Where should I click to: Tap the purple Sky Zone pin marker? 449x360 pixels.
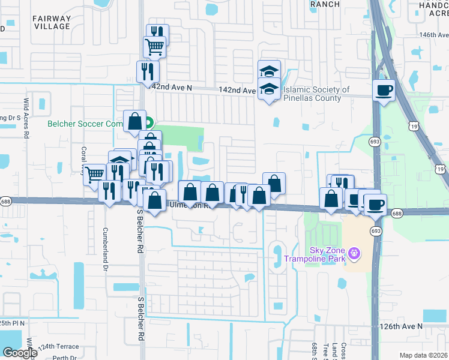[x=355, y=254]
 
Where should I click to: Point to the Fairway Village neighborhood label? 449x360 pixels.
[x=52, y=22]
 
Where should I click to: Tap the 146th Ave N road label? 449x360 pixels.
[x=435, y=35]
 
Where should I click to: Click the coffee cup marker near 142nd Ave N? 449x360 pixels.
[x=384, y=91]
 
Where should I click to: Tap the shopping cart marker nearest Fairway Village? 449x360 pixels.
[x=154, y=46]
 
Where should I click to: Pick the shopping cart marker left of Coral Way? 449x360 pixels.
[x=94, y=175]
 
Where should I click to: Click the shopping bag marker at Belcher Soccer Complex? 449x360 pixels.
[x=134, y=121]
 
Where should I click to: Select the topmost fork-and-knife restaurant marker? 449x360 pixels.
[x=157, y=34]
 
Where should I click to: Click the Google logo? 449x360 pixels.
[x=20, y=353]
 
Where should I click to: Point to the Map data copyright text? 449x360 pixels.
[x=424, y=355]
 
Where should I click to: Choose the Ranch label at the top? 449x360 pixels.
[x=325, y=4]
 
